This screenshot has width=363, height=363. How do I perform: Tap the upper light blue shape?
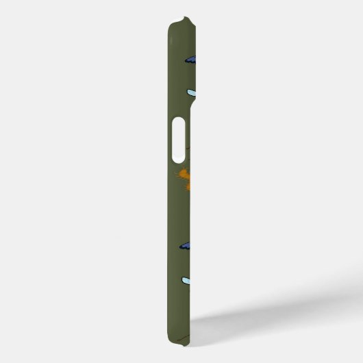[192, 92]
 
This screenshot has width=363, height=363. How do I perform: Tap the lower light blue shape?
[190, 280]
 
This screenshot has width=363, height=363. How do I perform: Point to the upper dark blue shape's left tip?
[184, 60]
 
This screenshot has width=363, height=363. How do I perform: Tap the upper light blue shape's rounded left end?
[188, 92]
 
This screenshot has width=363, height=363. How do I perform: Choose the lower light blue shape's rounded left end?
[183, 280]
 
